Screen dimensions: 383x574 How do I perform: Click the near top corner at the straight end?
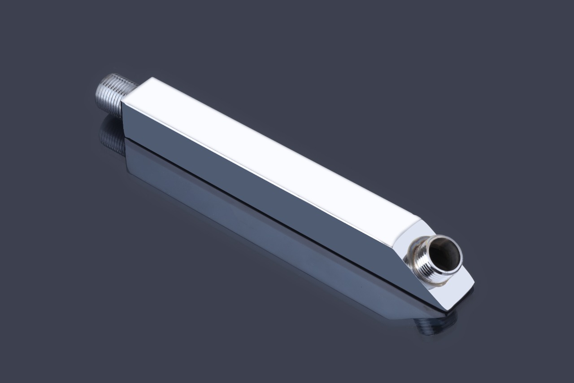122,102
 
